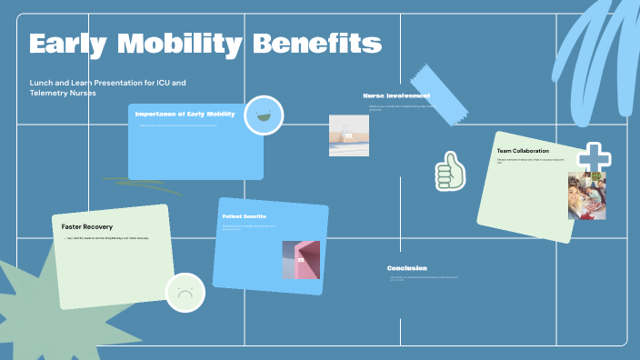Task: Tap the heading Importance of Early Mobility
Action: [x=185, y=115]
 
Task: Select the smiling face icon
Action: [x=264, y=115]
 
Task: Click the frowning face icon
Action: [x=185, y=293]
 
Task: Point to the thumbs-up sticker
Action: [x=449, y=171]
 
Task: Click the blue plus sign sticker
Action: [x=594, y=157]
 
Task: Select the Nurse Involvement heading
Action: [x=396, y=95]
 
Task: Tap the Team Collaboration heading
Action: [x=523, y=150]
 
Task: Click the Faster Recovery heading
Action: [x=87, y=226]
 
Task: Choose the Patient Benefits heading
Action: [x=244, y=216]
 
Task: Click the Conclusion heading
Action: [x=406, y=268]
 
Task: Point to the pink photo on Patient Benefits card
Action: [x=301, y=260]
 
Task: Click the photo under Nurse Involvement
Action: [x=348, y=135]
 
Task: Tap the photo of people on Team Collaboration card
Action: [x=586, y=195]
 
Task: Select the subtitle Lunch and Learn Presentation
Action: [x=107, y=88]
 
